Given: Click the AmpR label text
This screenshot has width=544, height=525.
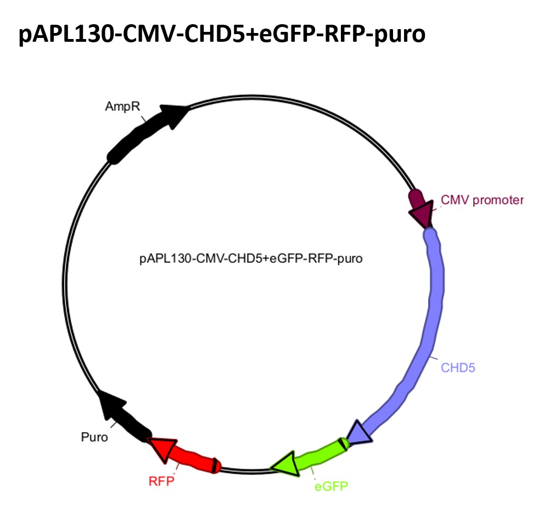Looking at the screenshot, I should pyautogui.click(x=122, y=106).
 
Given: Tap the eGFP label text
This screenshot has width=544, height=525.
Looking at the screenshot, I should pyautogui.click(x=332, y=487).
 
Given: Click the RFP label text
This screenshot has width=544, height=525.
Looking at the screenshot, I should pyautogui.click(x=161, y=482).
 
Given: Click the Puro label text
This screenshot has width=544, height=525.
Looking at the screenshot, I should pyautogui.click(x=94, y=438).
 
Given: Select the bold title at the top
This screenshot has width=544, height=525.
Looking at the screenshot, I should pyautogui.click(x=222, y=35).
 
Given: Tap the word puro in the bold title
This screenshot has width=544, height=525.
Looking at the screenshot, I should pyautogui.click(x=399, y=35).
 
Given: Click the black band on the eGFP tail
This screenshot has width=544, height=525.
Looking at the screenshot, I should pyautogui.click(x=342, y=443).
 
